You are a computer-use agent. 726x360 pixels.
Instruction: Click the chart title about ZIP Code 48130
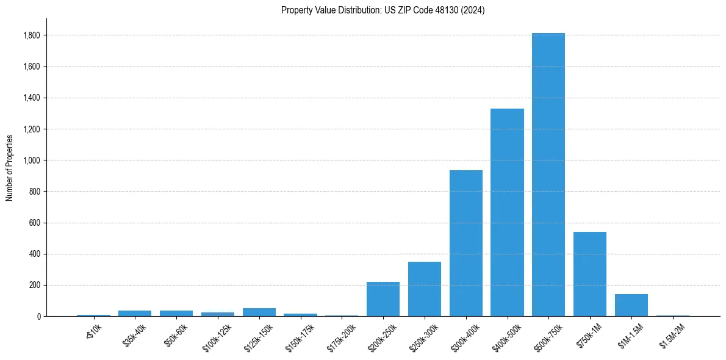click(383, 10)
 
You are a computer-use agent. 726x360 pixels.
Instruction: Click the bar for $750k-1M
click(589, 274)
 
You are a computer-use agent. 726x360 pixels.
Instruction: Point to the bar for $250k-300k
click(424, 289)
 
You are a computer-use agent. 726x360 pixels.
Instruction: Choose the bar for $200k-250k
click(383, 299)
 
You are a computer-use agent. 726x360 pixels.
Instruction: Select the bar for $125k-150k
click(259, 312)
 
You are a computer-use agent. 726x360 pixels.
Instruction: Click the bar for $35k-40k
click(135, 313)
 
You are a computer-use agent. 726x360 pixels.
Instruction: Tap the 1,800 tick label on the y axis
click(32, 35)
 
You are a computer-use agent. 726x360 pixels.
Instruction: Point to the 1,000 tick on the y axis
click(32, 160)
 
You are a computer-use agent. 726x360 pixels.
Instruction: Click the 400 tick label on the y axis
click(35, 254)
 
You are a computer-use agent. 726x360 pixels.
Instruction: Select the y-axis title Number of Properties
click(10, 167)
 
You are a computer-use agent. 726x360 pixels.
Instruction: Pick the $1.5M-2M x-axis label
click(671, 335)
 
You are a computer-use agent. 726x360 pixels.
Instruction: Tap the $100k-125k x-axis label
click(216, 337)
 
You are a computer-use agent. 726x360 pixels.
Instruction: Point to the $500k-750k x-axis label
click(547, 337)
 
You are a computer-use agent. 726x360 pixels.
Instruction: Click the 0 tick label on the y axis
click(38, 316)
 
